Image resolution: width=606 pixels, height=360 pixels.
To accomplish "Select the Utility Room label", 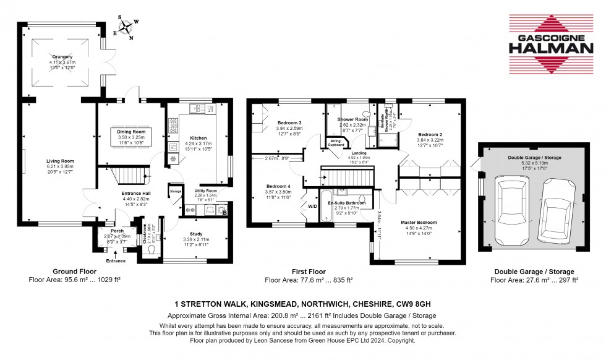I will click(206, 191).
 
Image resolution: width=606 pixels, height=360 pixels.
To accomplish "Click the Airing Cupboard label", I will click(336, 144).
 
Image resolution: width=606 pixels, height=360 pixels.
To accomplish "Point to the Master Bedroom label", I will click(419, 222).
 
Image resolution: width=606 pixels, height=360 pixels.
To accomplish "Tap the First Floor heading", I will click(309, 272).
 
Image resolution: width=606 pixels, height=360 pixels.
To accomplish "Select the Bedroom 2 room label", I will click(430, 134).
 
